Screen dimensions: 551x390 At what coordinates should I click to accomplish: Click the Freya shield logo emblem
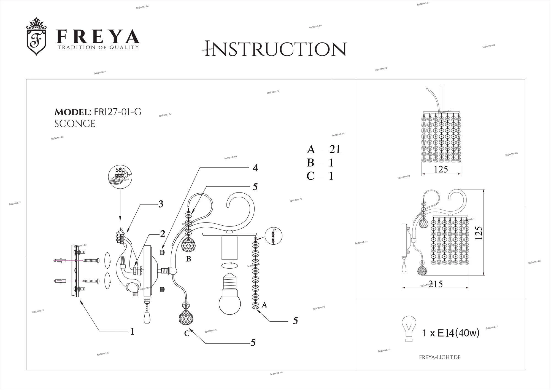pos(36,36)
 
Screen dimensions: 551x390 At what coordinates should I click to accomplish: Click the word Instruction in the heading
pos(275,49)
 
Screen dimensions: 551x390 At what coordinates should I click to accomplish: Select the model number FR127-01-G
pos(118,112)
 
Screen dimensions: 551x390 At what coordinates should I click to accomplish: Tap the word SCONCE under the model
pos(75,124)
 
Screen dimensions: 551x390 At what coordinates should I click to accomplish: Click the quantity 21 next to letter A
pos(335,149)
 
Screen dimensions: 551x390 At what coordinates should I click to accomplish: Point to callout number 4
pos(255,168)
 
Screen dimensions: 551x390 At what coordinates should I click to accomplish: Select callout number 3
pos(161,204)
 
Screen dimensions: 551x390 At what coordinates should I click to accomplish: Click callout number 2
pos(163,234)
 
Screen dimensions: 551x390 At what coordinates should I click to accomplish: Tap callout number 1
pos(133,331)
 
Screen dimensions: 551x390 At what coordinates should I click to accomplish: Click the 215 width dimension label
pos(436,284)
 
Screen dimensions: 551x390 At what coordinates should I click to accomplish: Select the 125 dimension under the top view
pos(441,169)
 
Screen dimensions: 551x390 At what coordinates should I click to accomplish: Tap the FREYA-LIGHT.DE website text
pos(440,357)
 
